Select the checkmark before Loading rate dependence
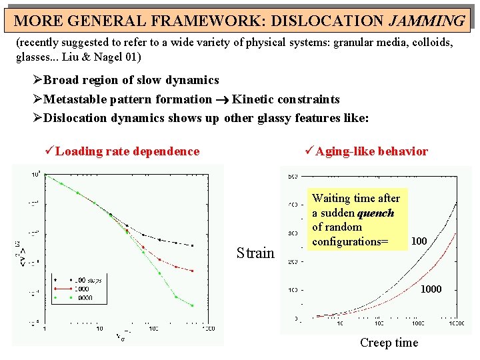tap(48, 151)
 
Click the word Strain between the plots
tap(255, 253)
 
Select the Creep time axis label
tap(389, 343)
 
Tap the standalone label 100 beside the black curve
tap(419, 240)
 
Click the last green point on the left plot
tap(193, 306)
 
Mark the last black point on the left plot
tap(193, 246)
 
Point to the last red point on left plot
tap(193, 271)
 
